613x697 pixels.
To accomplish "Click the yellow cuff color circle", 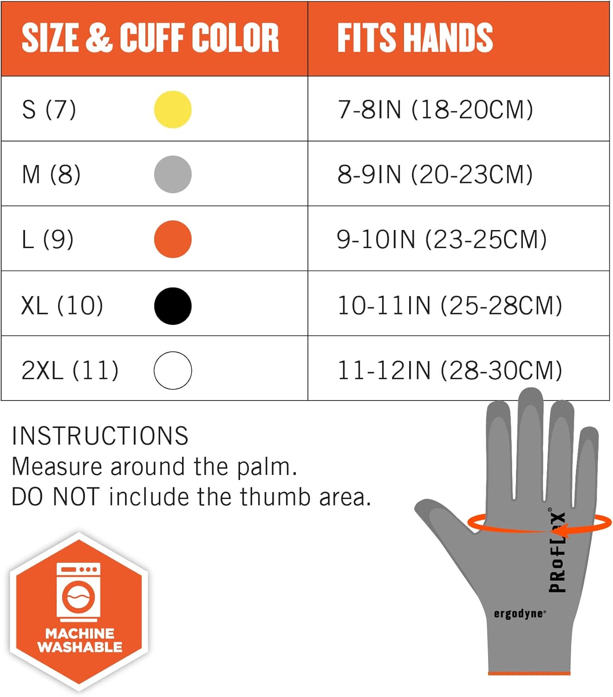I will (173, 110).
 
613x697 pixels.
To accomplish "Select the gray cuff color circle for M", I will (173, 174).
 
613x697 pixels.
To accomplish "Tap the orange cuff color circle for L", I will (173, 239).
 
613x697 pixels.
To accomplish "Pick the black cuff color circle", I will (173, 306).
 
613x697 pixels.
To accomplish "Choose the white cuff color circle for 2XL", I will (173, 370).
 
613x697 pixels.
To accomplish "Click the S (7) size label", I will (49, 110).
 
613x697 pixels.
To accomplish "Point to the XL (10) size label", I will (62, 306).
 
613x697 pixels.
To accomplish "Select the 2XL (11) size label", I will (70, 370).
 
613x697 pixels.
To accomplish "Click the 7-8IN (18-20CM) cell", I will (435, 110).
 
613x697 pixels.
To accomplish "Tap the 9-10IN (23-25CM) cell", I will (442, 239).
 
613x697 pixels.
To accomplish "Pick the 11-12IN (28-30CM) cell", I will (450, 370).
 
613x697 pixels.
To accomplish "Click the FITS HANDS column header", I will (415, 38).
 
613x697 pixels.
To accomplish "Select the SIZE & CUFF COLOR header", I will (150, 38).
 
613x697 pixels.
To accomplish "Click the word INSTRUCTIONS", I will (100, 436).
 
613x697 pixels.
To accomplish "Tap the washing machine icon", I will (78, 592).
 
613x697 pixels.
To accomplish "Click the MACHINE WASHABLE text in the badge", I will (79, 640).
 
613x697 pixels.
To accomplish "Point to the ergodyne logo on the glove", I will (519, 614).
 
